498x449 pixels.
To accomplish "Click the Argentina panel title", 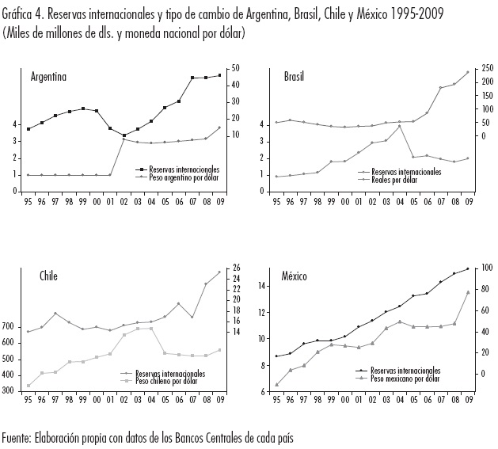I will pyautogui.click(x=48, y=77).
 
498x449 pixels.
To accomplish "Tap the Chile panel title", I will pyautogui.click(x=48, y=276).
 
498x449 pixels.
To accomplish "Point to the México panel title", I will pyautogui.click(x=298, y=276).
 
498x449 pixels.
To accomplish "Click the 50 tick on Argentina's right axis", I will pyautogui.click(x=235, y=70).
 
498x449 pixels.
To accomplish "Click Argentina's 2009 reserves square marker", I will pyautogui.click(x=219, y=75).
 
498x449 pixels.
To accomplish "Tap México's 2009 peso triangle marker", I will pyautogui.click(x=467, y=292).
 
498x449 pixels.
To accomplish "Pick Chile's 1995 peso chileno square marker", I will pyautogui.click(x=29, y=386).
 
